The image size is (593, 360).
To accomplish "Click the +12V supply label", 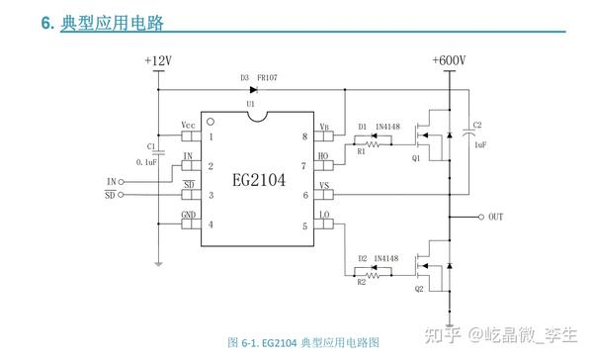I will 157,61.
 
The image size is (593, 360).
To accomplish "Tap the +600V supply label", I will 449,61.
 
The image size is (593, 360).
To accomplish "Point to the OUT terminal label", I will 496,217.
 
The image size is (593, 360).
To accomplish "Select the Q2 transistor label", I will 419,289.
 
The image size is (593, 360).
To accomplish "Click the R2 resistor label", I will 361,283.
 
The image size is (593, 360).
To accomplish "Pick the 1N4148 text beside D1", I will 386,127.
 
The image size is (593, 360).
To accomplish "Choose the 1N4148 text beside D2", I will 386,257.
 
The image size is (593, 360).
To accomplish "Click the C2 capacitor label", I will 478,126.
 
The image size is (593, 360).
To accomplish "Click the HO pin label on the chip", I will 323,155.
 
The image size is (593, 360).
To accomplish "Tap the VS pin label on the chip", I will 323,185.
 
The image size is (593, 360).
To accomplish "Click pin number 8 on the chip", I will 304,136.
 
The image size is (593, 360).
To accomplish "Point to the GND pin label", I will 188,215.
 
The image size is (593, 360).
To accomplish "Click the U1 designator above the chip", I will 251,103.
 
